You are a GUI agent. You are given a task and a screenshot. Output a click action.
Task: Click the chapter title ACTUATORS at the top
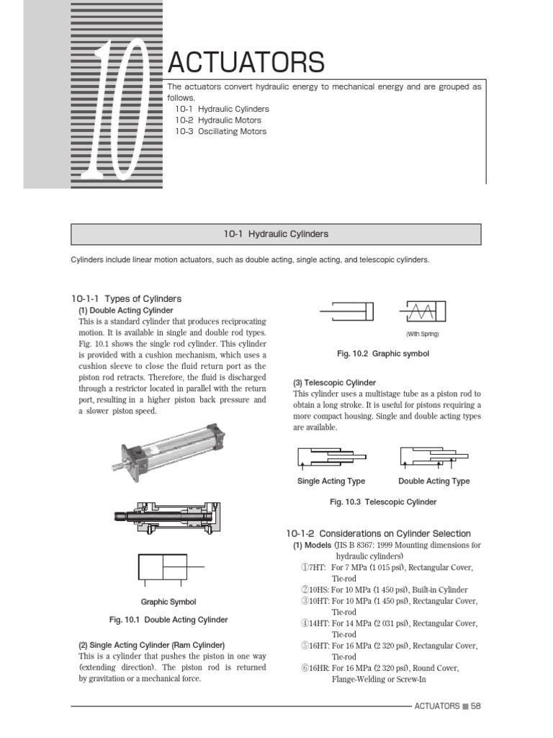[x=246, y=63]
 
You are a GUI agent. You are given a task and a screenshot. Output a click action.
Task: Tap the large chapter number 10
[x=116, y=108]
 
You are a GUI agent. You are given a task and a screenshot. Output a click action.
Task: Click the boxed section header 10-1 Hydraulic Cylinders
[x=276, y=234]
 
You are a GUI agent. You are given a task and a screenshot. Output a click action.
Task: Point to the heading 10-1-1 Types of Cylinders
[x=126, y=298]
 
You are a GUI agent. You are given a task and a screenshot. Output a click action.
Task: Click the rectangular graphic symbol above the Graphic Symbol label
[x=163, y=567]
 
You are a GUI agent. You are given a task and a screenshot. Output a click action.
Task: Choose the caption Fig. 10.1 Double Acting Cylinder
[x=168, y=620]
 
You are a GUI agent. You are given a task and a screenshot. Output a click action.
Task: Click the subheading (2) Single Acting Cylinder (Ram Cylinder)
[x=151, y=644]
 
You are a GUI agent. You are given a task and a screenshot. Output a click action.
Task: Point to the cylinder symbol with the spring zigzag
[x=422, y=311]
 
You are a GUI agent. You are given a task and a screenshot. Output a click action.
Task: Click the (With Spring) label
[x=422, y=334]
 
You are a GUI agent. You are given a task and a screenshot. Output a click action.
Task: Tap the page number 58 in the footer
[x=475, y=706]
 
